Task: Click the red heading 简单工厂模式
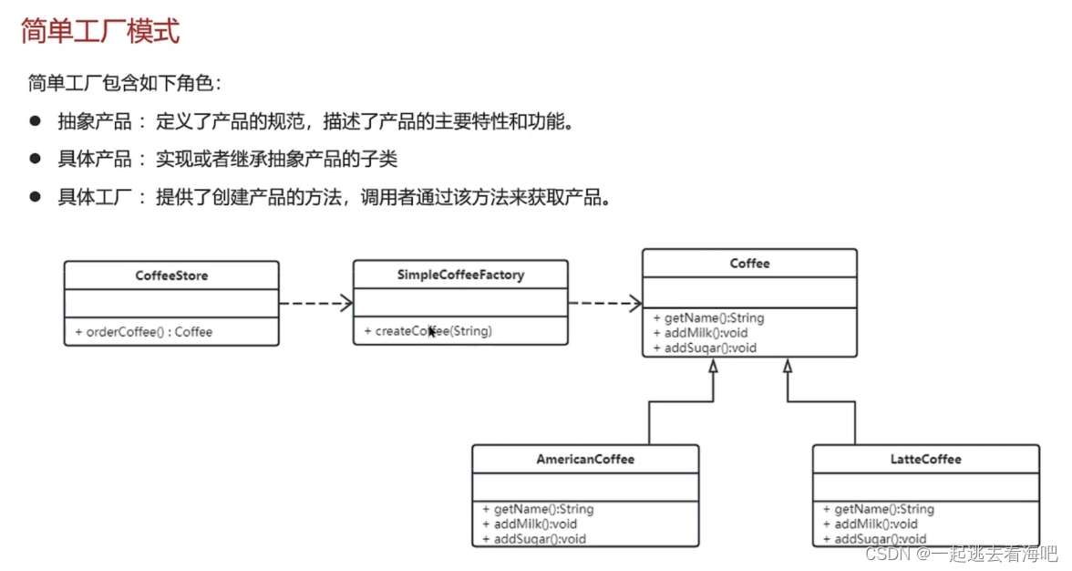[x=100, y=32]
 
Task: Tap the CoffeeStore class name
[x=171, y=275]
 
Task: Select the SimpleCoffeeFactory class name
[x=460, y=275]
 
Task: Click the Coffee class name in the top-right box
[x=749, y=264]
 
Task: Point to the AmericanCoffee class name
[x=585, y=459]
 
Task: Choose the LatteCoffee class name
[x=925, y=459]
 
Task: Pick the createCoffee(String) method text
[x=433, y=331]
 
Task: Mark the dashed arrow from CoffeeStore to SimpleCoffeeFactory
[x=315, y=303]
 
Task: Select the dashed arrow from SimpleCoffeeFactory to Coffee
[x=604, y=303]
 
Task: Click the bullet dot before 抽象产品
[x=36, y=120]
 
